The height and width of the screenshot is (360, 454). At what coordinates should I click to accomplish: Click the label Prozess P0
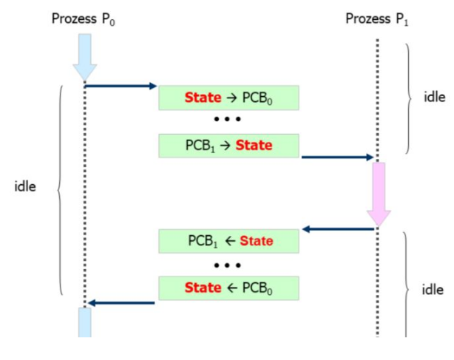tap(83, 17)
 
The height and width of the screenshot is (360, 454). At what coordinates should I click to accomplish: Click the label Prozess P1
tap(376, 17)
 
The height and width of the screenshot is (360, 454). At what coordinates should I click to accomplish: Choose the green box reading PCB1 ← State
tap(228, 241)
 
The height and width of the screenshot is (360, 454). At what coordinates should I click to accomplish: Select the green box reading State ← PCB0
tap(228, 288)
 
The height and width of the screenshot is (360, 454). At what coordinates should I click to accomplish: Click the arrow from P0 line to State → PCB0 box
tap(121, 86)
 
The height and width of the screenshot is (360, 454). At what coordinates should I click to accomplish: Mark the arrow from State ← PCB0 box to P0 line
tap(121, 302)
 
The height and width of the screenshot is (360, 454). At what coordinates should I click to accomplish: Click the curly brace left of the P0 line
tap(60, 189)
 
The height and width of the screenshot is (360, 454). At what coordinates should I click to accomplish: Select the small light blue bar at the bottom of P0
tap(84, 322)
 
